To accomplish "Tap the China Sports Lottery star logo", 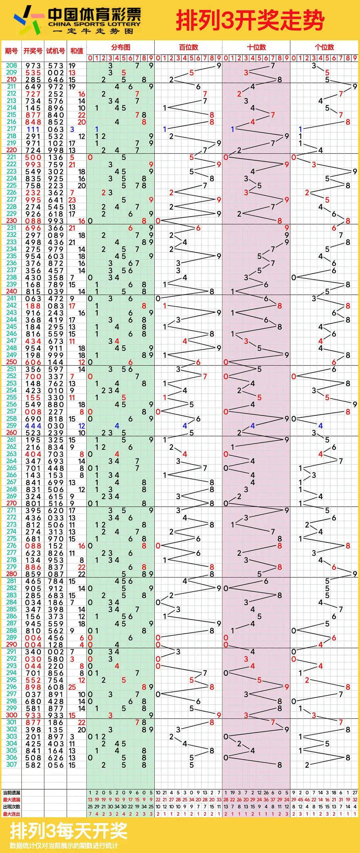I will click(28, 20).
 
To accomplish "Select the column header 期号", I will click(11, 51).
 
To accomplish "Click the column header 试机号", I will click(55, 51).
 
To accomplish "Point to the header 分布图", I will click(120, 47).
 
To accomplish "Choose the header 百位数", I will click(188, 47).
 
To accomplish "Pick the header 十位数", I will click(256, 47).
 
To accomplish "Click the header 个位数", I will click(324, 47).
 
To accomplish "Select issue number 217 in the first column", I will click(11, 129).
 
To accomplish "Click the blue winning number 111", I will click(33, 129).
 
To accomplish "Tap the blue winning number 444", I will click(33, 426).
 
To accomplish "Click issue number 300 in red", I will click(11, 715).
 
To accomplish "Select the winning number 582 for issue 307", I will click(33, 765).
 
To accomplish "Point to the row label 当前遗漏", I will click(11, 793).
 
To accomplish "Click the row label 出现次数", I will click(11, 807).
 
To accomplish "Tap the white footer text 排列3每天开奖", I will click(69, 831).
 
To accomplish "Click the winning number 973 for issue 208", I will click(33, 66).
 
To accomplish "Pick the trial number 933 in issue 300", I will click(55, 715).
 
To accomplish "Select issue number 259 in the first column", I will click(11, 426).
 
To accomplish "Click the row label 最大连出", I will click(11, 814).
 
